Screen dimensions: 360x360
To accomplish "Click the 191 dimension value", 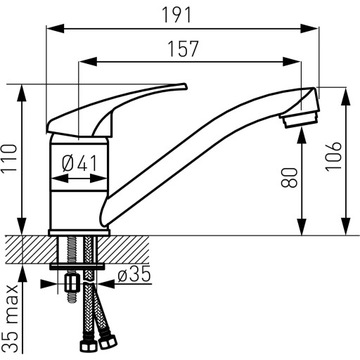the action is click(x=177, y=15).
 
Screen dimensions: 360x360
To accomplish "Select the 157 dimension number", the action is click(x=183, y=49).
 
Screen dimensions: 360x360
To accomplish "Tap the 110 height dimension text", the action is click(x=9, y=158).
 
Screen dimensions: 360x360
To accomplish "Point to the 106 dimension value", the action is click(x=334, y=156).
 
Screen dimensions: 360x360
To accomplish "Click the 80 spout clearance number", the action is click(x=289, y=178).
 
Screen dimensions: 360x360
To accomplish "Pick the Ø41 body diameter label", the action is click(x=80, y=164).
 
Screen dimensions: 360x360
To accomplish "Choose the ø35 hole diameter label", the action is click(x=134, y=274).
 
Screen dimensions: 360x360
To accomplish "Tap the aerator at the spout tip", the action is click(x=300, y=119).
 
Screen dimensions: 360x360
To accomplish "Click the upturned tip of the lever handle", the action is click(x=182, y=87).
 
